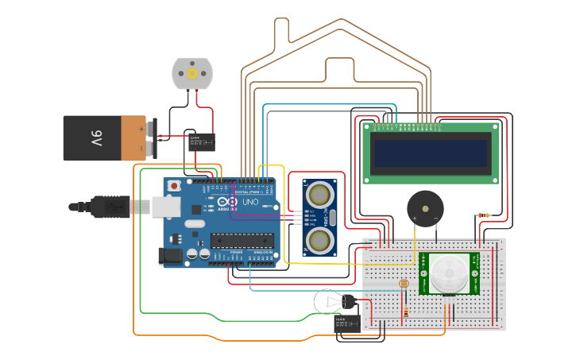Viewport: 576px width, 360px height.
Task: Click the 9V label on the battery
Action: coord(96,139)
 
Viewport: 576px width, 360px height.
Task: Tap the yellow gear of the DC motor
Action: coord(192,73)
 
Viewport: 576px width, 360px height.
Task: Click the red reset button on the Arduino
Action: coord(173,187)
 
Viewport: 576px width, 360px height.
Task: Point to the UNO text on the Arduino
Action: coord(249,203)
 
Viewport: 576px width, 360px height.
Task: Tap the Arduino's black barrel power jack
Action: coord(171,256)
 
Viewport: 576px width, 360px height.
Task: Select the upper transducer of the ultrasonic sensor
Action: coord(319,192)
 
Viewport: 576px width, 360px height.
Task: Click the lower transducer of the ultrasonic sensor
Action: coord(319,239)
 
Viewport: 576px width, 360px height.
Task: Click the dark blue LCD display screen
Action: coord(431,153)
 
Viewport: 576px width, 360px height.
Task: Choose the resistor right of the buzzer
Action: coord(482,215)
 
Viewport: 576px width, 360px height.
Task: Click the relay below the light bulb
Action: coord(347,322)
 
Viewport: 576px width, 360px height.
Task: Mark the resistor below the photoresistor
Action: coord(406,313)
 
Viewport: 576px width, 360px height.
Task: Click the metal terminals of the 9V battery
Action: coord(150,138)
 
